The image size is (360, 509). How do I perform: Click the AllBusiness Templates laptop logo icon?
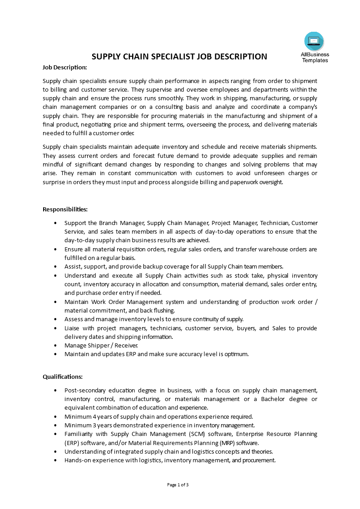(x=314, y=41)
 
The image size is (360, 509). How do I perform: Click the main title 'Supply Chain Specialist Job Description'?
(x=179, y=57)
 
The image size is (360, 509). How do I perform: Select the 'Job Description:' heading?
(x=64, y=68)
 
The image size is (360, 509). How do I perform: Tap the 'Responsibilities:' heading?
(x=65, y=209)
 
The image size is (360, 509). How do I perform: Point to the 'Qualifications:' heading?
(x=63, y=377)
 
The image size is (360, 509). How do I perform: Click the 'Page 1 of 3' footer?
(x=178, y=485)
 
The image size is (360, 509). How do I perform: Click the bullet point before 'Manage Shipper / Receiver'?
(x=55, y=346)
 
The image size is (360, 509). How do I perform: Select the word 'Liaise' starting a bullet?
(x=73, y=328)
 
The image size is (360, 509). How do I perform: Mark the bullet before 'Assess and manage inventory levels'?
(x=55, y=319)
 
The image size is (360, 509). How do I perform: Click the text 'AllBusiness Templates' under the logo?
(x=315, y=57)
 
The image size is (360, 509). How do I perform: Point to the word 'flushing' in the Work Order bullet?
(x=163, y=311)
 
